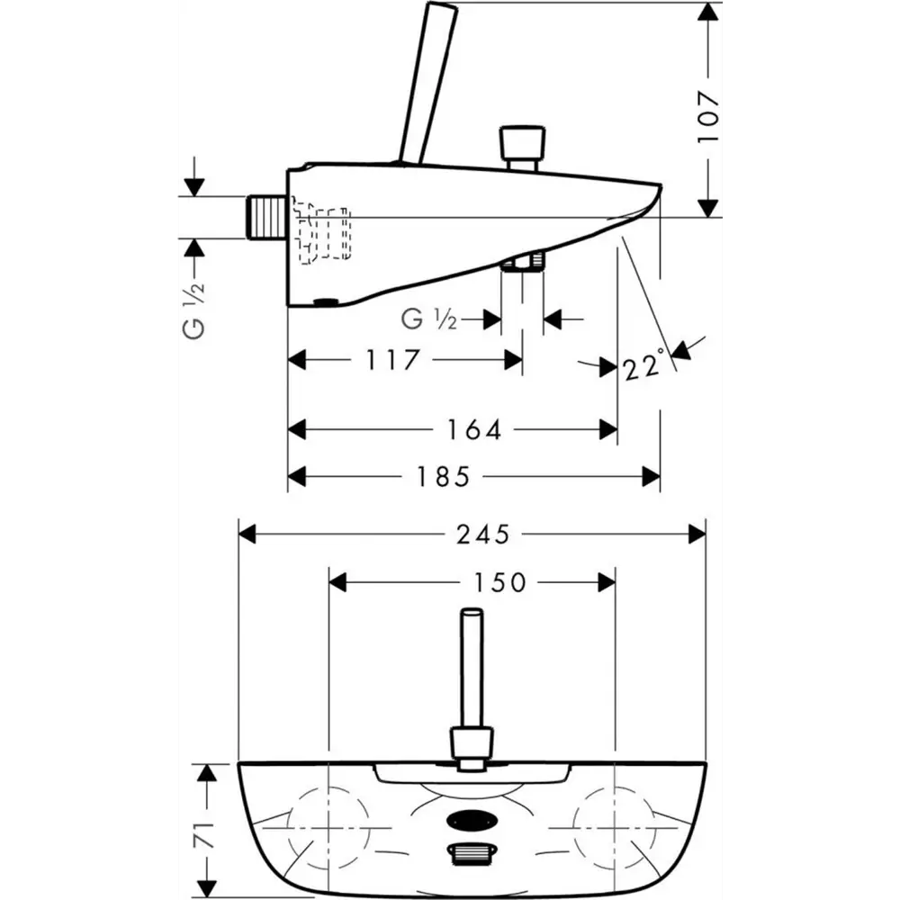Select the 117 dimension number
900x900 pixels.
coord(392,360)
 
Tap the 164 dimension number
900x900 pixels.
coord(473,429)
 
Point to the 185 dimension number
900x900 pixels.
coord(443,476)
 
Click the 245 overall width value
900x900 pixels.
coord(482,535)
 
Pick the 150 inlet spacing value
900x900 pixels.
coord(499,582)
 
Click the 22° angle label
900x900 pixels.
coord(643,365)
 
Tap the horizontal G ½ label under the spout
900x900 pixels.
coord(428,319)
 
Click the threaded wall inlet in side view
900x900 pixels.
coord(266,217)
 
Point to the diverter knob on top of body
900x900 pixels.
coord(522,148)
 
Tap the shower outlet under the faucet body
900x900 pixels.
coord(522,262)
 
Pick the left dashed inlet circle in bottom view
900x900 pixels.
coord(328,829)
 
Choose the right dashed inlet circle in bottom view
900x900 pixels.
coord(615,829)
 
